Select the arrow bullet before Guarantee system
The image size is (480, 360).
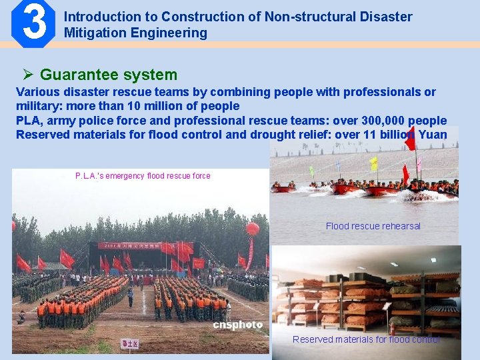28,75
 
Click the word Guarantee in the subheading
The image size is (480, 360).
72,75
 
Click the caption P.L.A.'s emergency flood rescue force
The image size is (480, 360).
143,176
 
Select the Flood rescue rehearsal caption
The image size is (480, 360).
373,226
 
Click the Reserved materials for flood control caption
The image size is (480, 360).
366,339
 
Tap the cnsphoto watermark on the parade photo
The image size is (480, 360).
237,325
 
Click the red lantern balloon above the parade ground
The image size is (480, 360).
253,229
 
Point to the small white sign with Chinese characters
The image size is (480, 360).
129,343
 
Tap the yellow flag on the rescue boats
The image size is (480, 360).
374,163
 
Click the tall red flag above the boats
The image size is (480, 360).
409,139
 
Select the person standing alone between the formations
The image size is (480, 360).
131,295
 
